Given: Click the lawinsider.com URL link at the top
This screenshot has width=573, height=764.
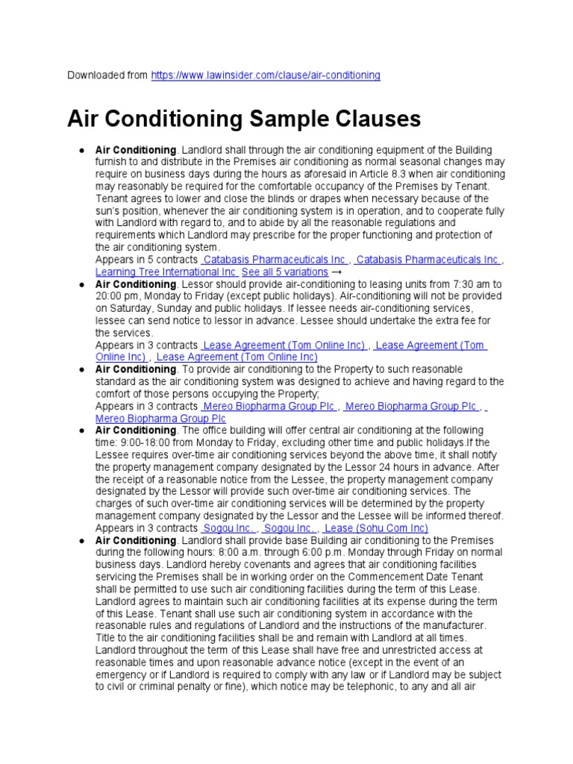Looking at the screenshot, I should pos(266,75).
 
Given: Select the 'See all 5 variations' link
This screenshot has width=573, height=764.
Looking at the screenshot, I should pos(285,272).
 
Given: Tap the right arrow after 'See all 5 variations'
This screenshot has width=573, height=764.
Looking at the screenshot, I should pos(336,272).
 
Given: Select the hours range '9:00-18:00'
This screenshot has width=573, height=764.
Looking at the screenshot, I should pos(144,442).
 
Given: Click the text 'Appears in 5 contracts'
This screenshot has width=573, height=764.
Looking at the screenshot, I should pos(146,260).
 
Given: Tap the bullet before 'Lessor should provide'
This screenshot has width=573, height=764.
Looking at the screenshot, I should pos(80,284).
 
